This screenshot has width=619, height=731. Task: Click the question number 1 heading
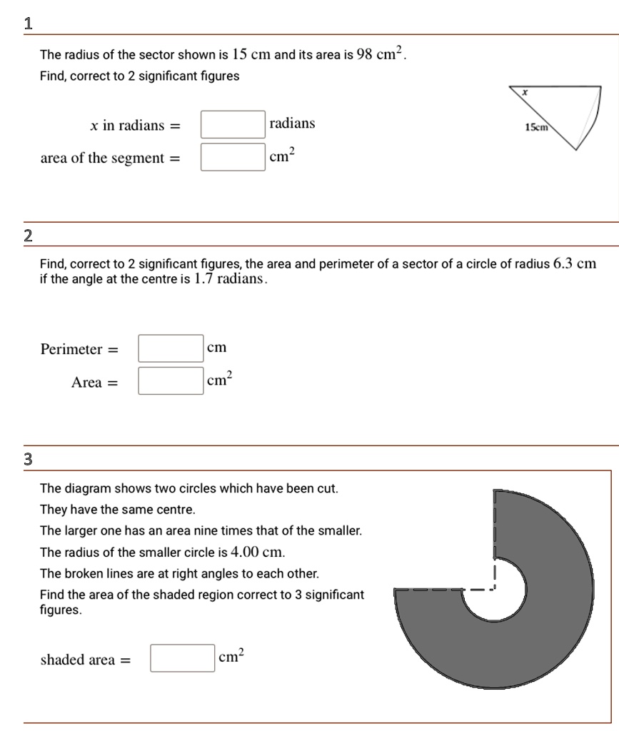(x=28, y=23)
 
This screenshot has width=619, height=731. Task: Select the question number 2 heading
(x=28, y=236)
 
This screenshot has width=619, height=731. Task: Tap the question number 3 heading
(x=28, y=459)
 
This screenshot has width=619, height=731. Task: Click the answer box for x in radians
(x=233, y=125)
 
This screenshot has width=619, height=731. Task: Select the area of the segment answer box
(x=233, y=157)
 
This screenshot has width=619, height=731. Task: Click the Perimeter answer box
(x=171, y=348)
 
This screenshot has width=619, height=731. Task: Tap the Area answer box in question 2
(x=171, y=380)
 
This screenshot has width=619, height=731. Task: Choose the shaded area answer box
(x=183, y=658)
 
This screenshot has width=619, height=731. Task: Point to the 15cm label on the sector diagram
(x=535, y=127)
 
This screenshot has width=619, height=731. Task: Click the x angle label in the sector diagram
(x=525, y=92)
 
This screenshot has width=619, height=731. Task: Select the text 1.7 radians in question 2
(x=230, y=278)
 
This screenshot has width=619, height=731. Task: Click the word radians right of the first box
(x=292, y=124)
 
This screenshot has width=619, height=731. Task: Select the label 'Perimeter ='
(x=80, y=350)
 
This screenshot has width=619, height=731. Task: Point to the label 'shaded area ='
(x=86, y=660)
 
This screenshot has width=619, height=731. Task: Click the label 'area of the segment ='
(x=110, y=158)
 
